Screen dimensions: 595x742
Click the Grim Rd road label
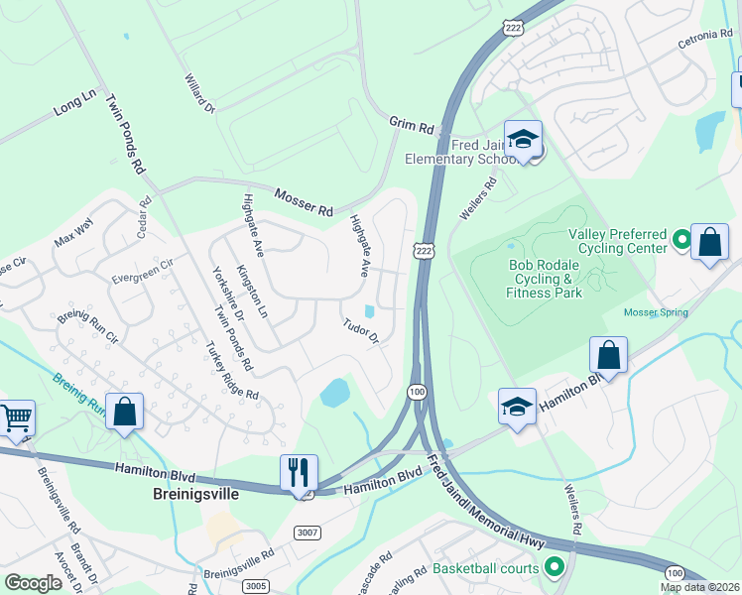(412, 127)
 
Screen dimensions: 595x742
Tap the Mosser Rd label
(304, 203)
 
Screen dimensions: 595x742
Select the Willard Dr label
(199, 92)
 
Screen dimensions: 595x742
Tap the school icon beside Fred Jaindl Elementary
(523, 140)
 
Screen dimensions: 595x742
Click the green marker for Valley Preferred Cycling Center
(681, 239)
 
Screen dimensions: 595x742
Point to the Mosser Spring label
(655, 312)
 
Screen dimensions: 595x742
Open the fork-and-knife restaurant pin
(299, 472)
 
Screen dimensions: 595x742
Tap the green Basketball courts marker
(555, 568)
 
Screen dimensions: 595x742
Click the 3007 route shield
(309, 534)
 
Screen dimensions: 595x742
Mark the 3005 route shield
(256, 585)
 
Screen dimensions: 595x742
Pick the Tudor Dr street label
(361, 331)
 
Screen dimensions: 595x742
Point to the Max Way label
(72, 238)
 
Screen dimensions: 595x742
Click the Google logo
(33, 583)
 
